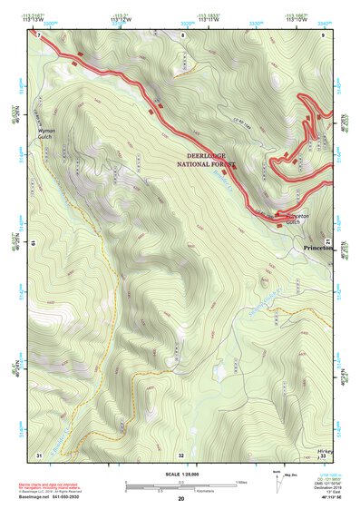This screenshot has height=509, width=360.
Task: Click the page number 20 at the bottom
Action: (180, 500)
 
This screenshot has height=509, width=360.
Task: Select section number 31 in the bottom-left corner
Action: (39, 454)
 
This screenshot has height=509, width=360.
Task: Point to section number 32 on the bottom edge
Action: (180, 455)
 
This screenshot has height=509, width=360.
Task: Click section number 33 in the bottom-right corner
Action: (324, 455)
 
